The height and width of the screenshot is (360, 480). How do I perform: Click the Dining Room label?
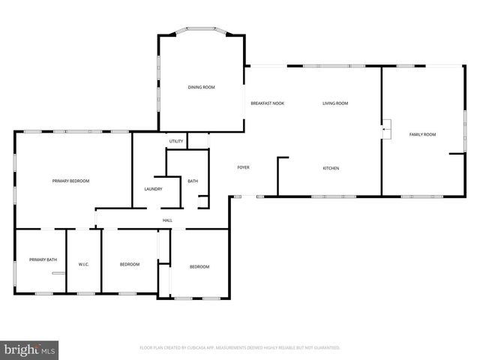click(x=201, y=88)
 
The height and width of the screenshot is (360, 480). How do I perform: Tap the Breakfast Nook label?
click(x=267, y=103)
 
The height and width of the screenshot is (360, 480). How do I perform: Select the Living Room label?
click(x=335, y=103)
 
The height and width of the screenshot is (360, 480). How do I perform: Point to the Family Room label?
click(x=422, y=134)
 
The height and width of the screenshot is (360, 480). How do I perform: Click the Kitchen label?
click(x=331, y=168)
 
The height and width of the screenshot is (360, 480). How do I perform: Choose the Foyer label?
click(x=243, y=167)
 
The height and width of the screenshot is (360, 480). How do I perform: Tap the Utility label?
click(x=176, y=141)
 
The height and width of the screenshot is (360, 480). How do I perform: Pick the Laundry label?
click(x=153, y=189)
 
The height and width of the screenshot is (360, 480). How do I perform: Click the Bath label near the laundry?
click(x=193, y=181)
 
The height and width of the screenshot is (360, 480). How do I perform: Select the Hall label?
click(x=167, y=220)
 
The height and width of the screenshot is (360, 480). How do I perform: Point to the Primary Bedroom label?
click(x=70, y=181)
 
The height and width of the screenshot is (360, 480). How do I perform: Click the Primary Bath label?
click(x=43, y=259)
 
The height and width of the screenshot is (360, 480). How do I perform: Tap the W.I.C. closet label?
click(x=84, y=264)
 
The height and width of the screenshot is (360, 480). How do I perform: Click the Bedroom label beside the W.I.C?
click(x=130, y=264)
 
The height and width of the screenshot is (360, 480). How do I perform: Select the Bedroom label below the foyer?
click(x=199, y=267)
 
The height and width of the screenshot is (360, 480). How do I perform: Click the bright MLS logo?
click(x=30, y=349)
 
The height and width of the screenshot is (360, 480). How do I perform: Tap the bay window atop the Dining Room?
click(x=201, y=31)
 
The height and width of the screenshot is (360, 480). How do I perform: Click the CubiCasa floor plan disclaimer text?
click(x=240, y=348)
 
